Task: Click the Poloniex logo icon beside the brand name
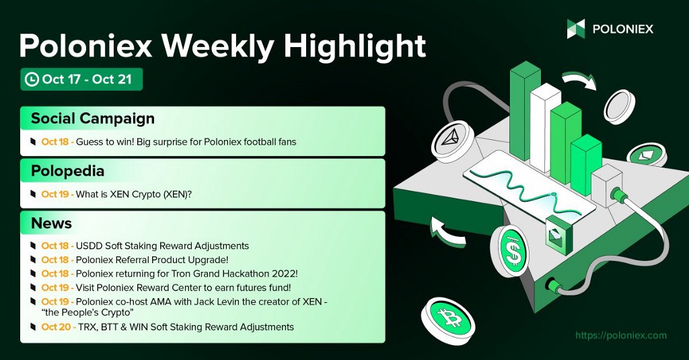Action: [x=576, y=29]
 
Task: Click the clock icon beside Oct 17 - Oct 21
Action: [x=32, y=79]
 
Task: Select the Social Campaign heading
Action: [x=93, y=118]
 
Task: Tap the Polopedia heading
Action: [x=67, y=171]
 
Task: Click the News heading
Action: [x=51, y=223]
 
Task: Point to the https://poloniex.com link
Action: [x=621, y=335]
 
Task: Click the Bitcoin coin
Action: [x=448, y=316]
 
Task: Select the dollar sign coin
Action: [x=510, y=252]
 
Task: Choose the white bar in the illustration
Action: [x=545, y=127]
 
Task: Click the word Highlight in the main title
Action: [x=355, y=46]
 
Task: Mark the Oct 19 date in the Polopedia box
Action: [x=56, y=194]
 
